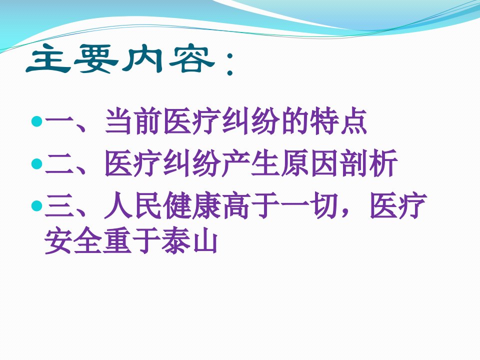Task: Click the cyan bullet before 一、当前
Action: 36,121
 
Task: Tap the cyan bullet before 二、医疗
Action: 36,163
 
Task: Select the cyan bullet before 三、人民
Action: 36,205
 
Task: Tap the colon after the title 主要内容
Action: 229,63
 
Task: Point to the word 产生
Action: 250,163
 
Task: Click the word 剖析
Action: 368,163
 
